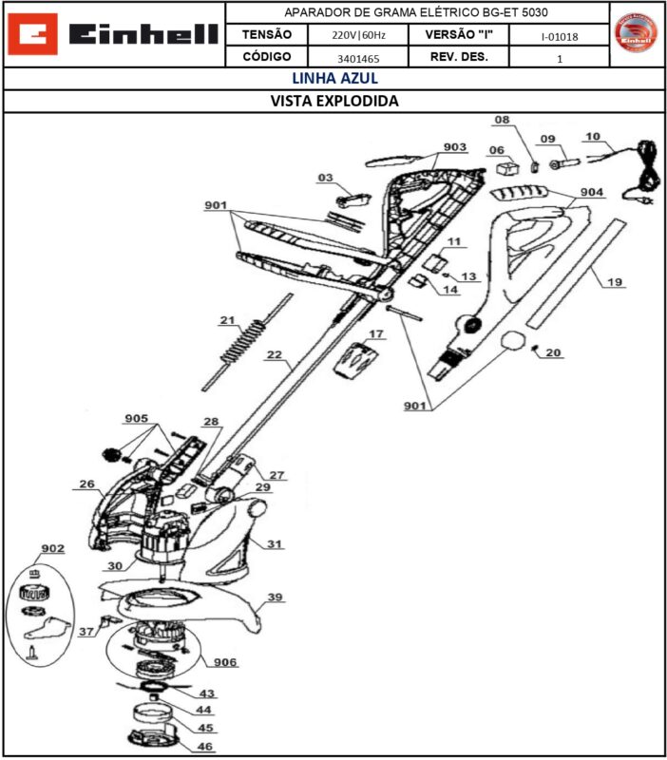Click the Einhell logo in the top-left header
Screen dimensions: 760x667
[x=113, y=34]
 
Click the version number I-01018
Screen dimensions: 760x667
[x=559, y=36]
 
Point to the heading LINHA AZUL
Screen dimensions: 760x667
[x=334, y=79]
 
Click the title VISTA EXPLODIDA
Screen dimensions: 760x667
[x=334, y=101]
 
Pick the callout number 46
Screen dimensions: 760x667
[x=205, y=748]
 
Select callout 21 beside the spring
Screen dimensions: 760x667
[x=227, y=320]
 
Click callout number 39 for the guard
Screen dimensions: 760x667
[x=275, y=598]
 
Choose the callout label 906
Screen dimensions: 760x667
[x=225, y=662]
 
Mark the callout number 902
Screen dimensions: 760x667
[x=53, y=549]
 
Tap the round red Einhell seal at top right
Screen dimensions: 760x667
[x=637, y=34]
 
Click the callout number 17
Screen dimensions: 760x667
[x=376, y=334]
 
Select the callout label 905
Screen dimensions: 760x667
[x=136, y=419]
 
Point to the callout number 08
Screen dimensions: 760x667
[x=502, y=120]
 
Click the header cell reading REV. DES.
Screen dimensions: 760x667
[x=459, y=57]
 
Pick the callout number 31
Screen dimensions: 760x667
[x=275, y=544]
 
